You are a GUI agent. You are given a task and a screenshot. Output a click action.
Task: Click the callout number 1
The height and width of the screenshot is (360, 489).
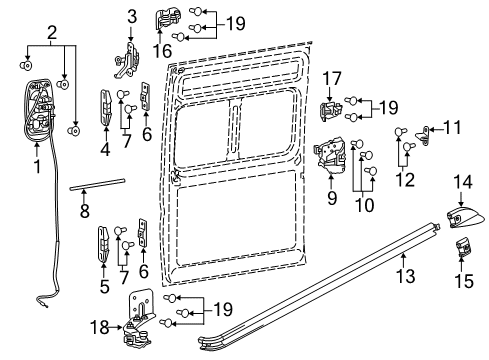click(x=36, y=165)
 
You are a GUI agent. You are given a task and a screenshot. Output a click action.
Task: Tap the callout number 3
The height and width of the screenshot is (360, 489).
click(x=131, y=16)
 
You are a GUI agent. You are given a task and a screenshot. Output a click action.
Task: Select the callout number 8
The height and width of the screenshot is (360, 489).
click(x=84, y=212)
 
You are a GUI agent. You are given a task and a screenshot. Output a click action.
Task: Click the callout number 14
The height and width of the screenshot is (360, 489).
click(x=464, y=182)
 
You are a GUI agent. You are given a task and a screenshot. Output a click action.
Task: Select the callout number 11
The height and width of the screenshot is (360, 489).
click(x=451, y=127)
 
